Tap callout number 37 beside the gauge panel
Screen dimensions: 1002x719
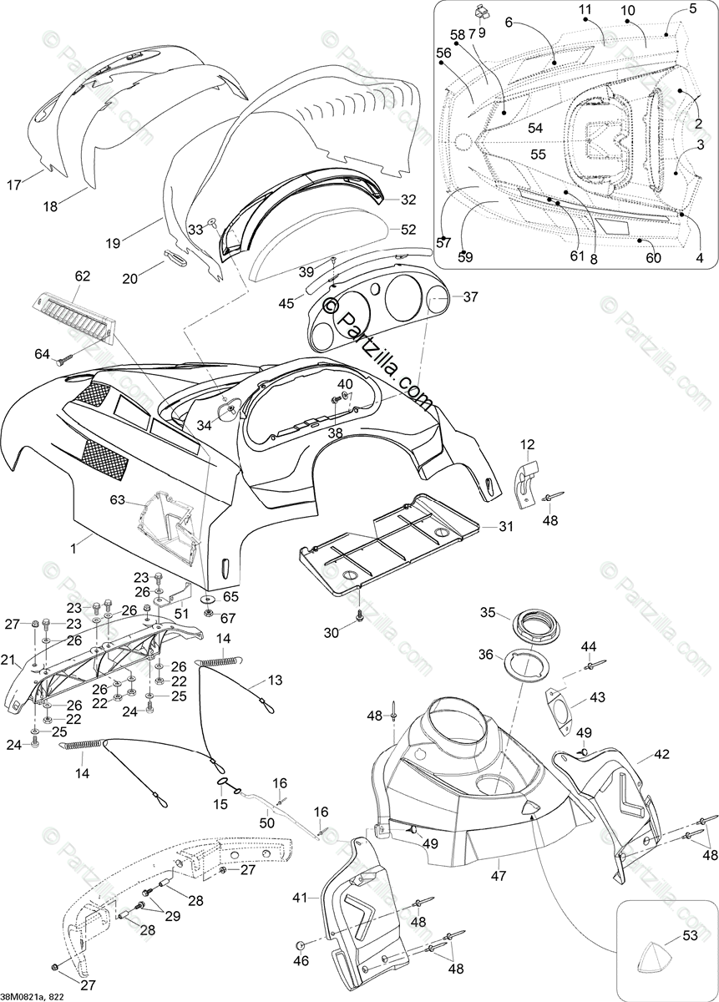click(471, 297)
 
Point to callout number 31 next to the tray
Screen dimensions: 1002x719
click(506, 526)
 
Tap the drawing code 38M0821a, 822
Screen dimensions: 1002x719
click(37, 994)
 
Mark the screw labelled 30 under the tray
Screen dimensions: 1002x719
click(360, 615)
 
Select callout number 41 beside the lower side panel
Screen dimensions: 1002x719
click(301, 897)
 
